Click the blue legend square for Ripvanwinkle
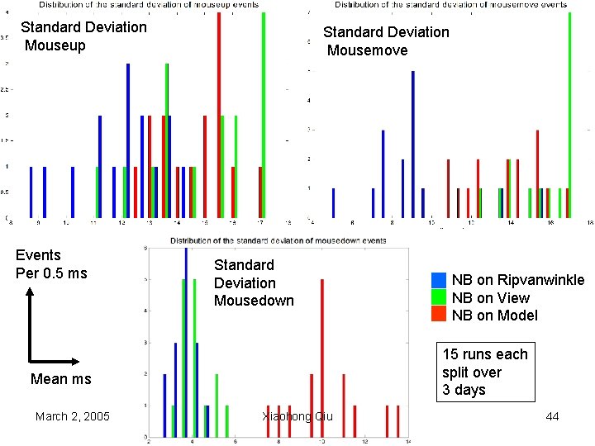tap(439, 280)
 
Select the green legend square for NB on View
tap(439, 297)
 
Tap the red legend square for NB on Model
tap(439, 315)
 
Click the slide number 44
tap(552, 416)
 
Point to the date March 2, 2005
tap(73, 416)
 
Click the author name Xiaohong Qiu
tap(297, 416)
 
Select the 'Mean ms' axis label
tap(60, 379)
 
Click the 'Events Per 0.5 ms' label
tap(51, 264)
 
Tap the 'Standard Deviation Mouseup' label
tap(83, 36)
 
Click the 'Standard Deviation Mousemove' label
tap(386, 41)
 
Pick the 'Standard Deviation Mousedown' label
tap(254, 282)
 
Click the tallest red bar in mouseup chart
tap(219, 116)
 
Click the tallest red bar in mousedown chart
tap(321, 347)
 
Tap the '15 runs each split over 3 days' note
tap(484, 372)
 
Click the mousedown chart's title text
tap(278, 241)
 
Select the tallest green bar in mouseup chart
tap(264, 116)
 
